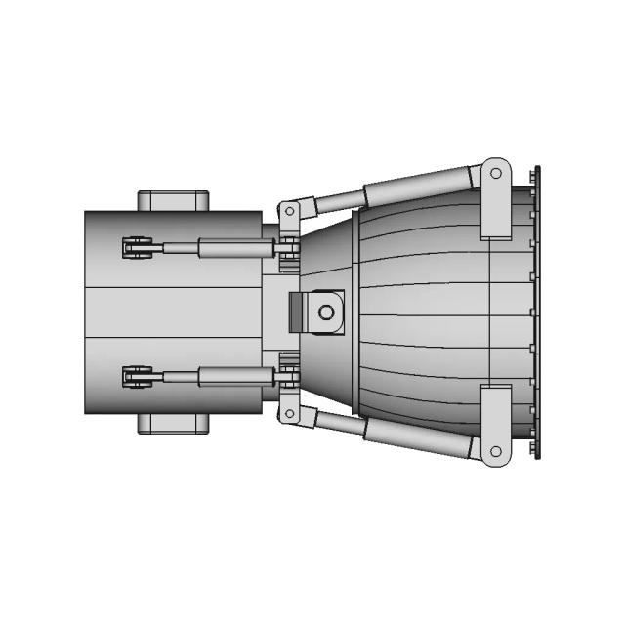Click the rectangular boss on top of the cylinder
[x=174, y=200]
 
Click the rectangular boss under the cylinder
[x=174, y=423]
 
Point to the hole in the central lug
[x=326, y=312]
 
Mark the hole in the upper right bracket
[x=495, y=173]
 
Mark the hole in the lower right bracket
[x=495, y=452]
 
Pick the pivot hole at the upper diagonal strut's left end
[x=289, y=211]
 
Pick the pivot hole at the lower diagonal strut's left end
[x=289, y=414]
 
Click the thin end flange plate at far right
[x=536, y=312]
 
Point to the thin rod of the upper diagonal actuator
[x=337, y=201]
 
